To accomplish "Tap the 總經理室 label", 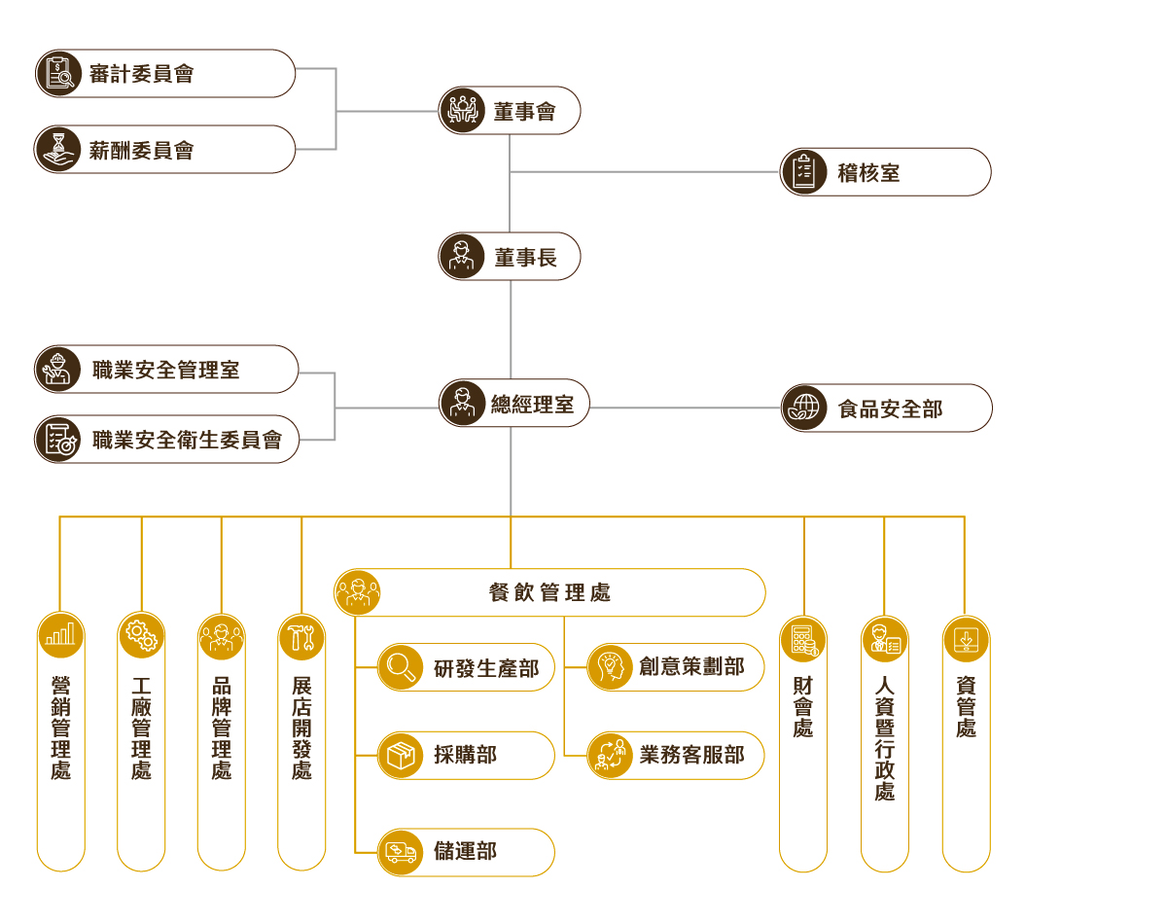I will (532, 405).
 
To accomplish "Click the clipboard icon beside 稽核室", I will (804, 172).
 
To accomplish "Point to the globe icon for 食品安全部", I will (805, 409).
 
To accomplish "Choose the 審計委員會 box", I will (165, 74).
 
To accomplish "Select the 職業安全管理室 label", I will (166, 370).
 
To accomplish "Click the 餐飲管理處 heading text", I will (549, 592).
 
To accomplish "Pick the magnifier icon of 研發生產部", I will (401, 667).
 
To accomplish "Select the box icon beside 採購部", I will (401, 756).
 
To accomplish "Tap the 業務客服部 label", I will (691, 756).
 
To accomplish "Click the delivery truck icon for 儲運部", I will (401, 852).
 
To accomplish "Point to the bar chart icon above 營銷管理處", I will (60, 636).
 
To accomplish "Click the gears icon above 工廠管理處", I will (141, 636).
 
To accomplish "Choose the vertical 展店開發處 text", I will (301, 729).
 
